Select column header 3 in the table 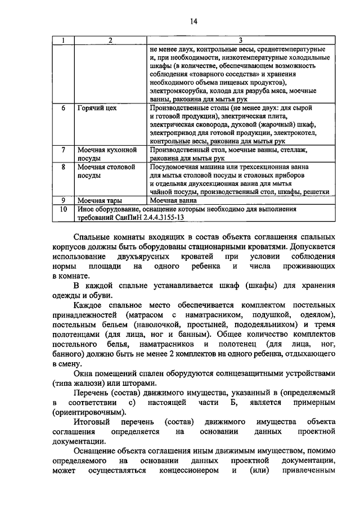(240, 40)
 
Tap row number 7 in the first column (64, 150)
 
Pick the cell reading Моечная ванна (174, 200)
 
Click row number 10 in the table (64, 209)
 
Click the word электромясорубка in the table (177, 91)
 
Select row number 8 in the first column (64, 167)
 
